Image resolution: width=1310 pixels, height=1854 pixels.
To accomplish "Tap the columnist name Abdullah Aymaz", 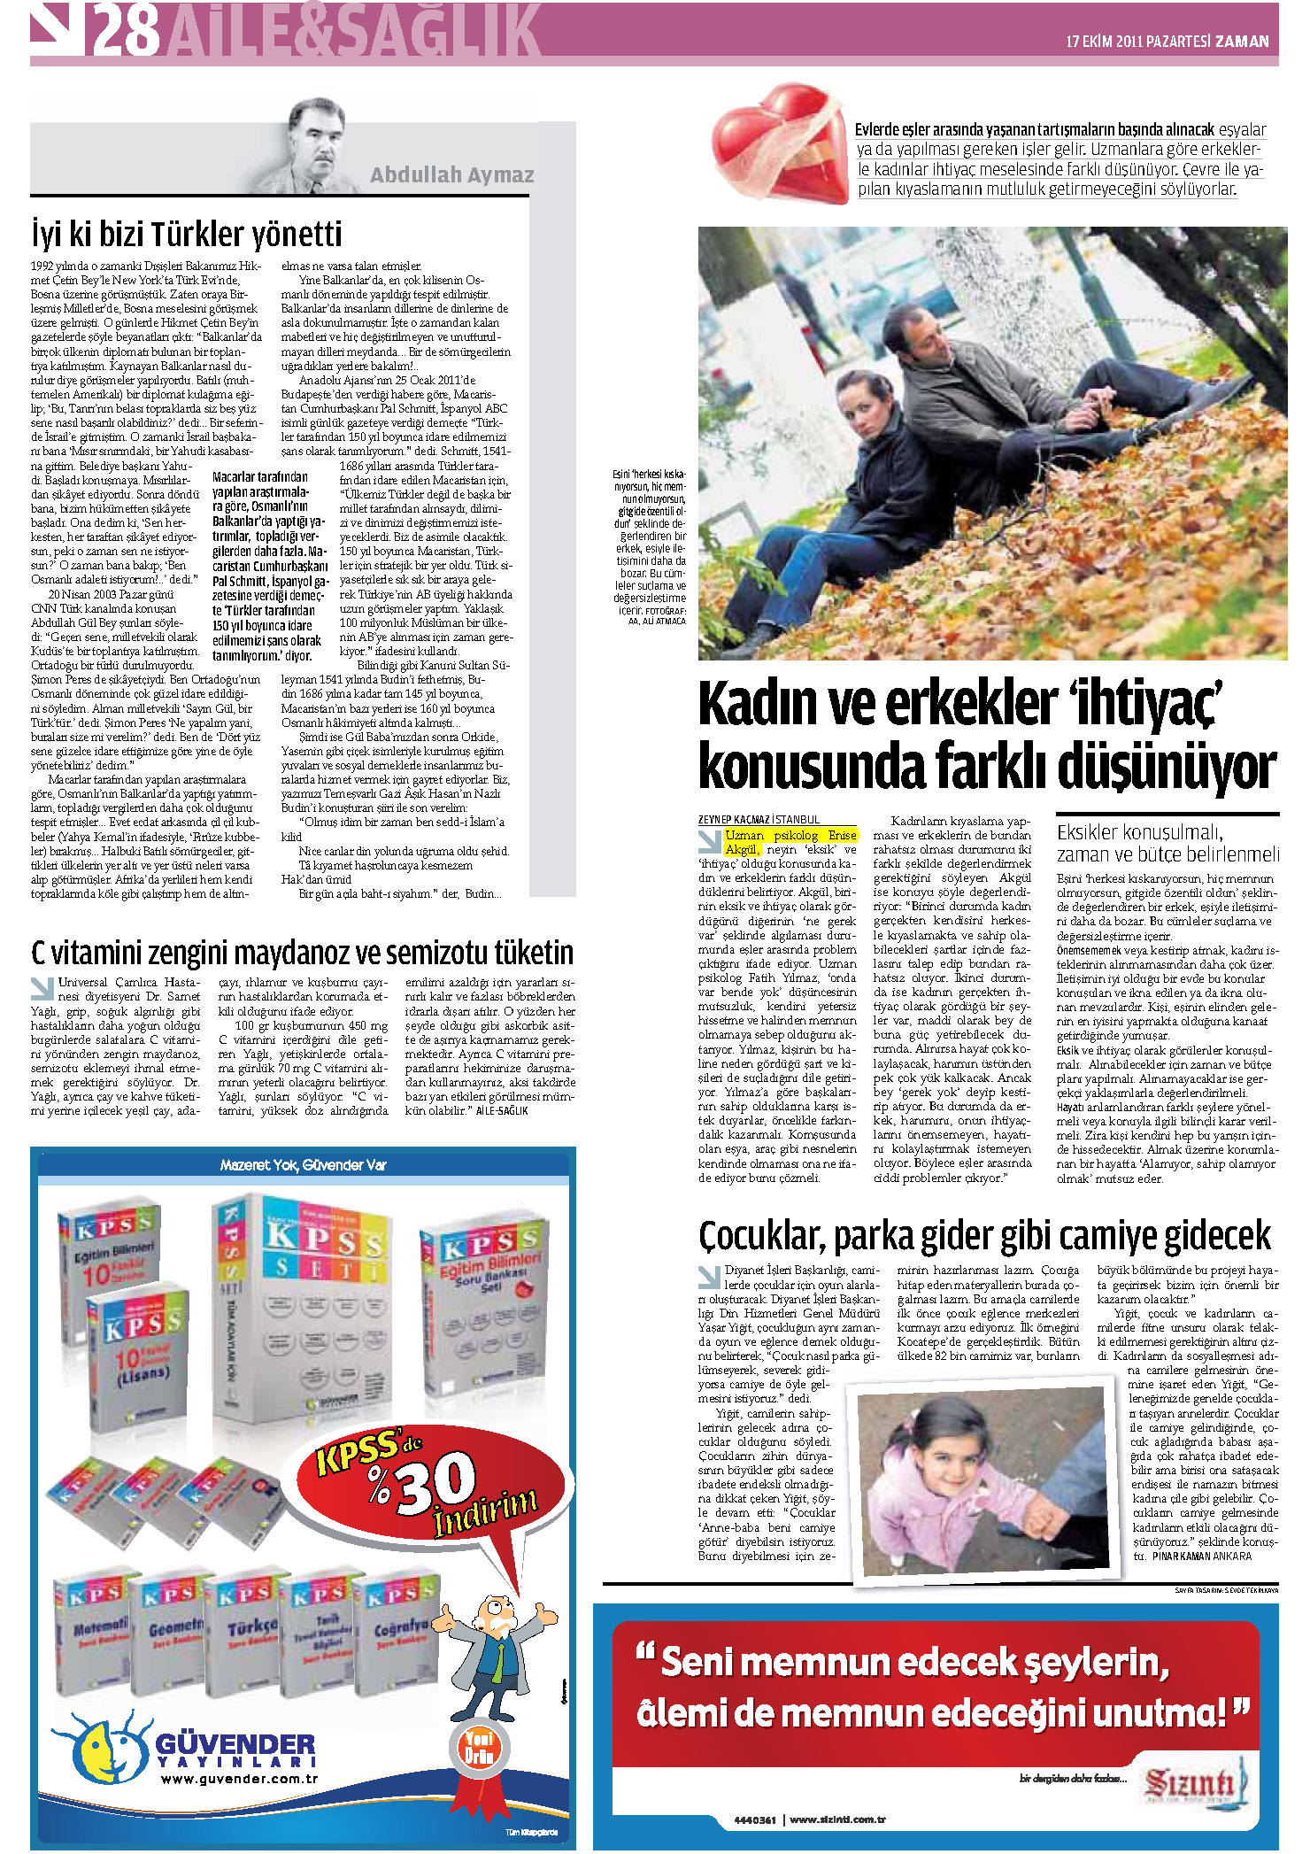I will point(451,174).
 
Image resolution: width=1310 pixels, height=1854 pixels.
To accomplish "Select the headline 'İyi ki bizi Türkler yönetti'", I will point(187,235).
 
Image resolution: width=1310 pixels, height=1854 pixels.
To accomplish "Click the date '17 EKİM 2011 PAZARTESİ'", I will point(1137,41).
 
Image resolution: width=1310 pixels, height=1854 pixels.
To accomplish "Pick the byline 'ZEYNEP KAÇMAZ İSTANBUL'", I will point(759,819).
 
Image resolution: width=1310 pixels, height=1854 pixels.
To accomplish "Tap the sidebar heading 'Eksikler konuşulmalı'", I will point(1140,832).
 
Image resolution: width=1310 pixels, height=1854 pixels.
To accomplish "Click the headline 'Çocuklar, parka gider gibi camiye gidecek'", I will point(984,1235).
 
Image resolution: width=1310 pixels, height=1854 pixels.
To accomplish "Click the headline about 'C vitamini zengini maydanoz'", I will point(302,953).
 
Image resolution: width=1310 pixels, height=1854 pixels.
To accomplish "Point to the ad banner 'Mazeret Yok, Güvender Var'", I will point(303,1165).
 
